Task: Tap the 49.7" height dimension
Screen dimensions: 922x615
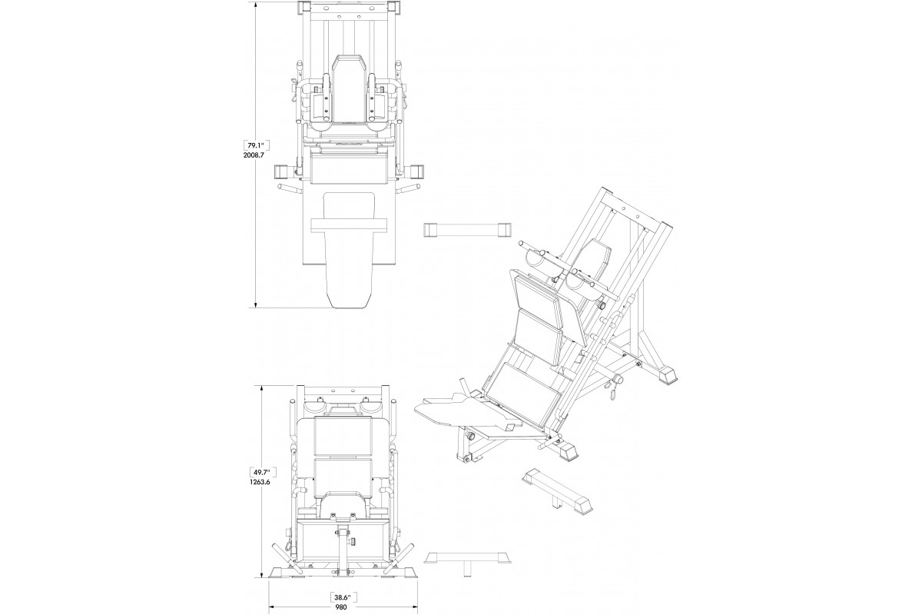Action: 262,472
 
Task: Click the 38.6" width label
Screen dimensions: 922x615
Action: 343,597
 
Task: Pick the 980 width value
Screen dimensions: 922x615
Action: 341,607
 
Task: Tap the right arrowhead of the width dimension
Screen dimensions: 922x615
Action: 415,607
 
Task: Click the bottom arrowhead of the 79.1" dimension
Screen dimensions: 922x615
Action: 256,304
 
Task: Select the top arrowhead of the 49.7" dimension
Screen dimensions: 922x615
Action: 263,388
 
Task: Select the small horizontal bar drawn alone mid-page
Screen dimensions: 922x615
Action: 468,229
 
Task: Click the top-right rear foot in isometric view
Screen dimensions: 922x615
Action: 668,375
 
